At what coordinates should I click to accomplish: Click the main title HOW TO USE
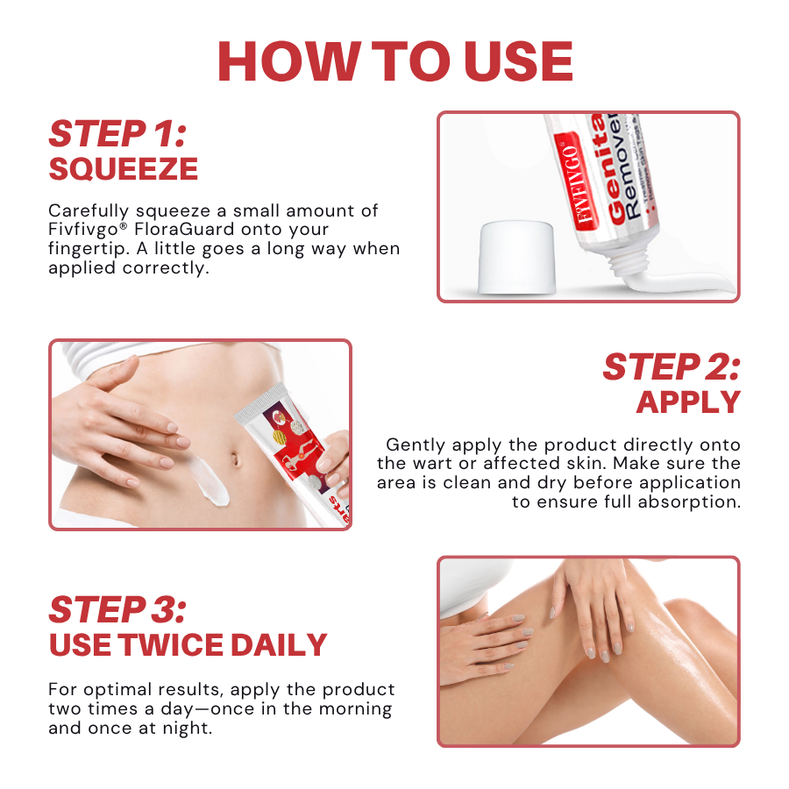coord(394,61)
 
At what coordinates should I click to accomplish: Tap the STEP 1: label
coord(117,134)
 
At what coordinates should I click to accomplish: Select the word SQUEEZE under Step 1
coord(123,169)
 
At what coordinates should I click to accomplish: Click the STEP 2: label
coord(671,367)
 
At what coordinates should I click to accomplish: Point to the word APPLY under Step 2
coord(688,402)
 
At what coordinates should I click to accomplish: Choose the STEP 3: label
coord(117,610)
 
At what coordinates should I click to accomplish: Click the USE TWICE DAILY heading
coord(188,645)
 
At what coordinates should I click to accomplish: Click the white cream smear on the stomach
coord(211,480)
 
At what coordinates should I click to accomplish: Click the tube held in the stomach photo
coord(289,456)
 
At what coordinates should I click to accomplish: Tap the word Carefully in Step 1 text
coord(89,210)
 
